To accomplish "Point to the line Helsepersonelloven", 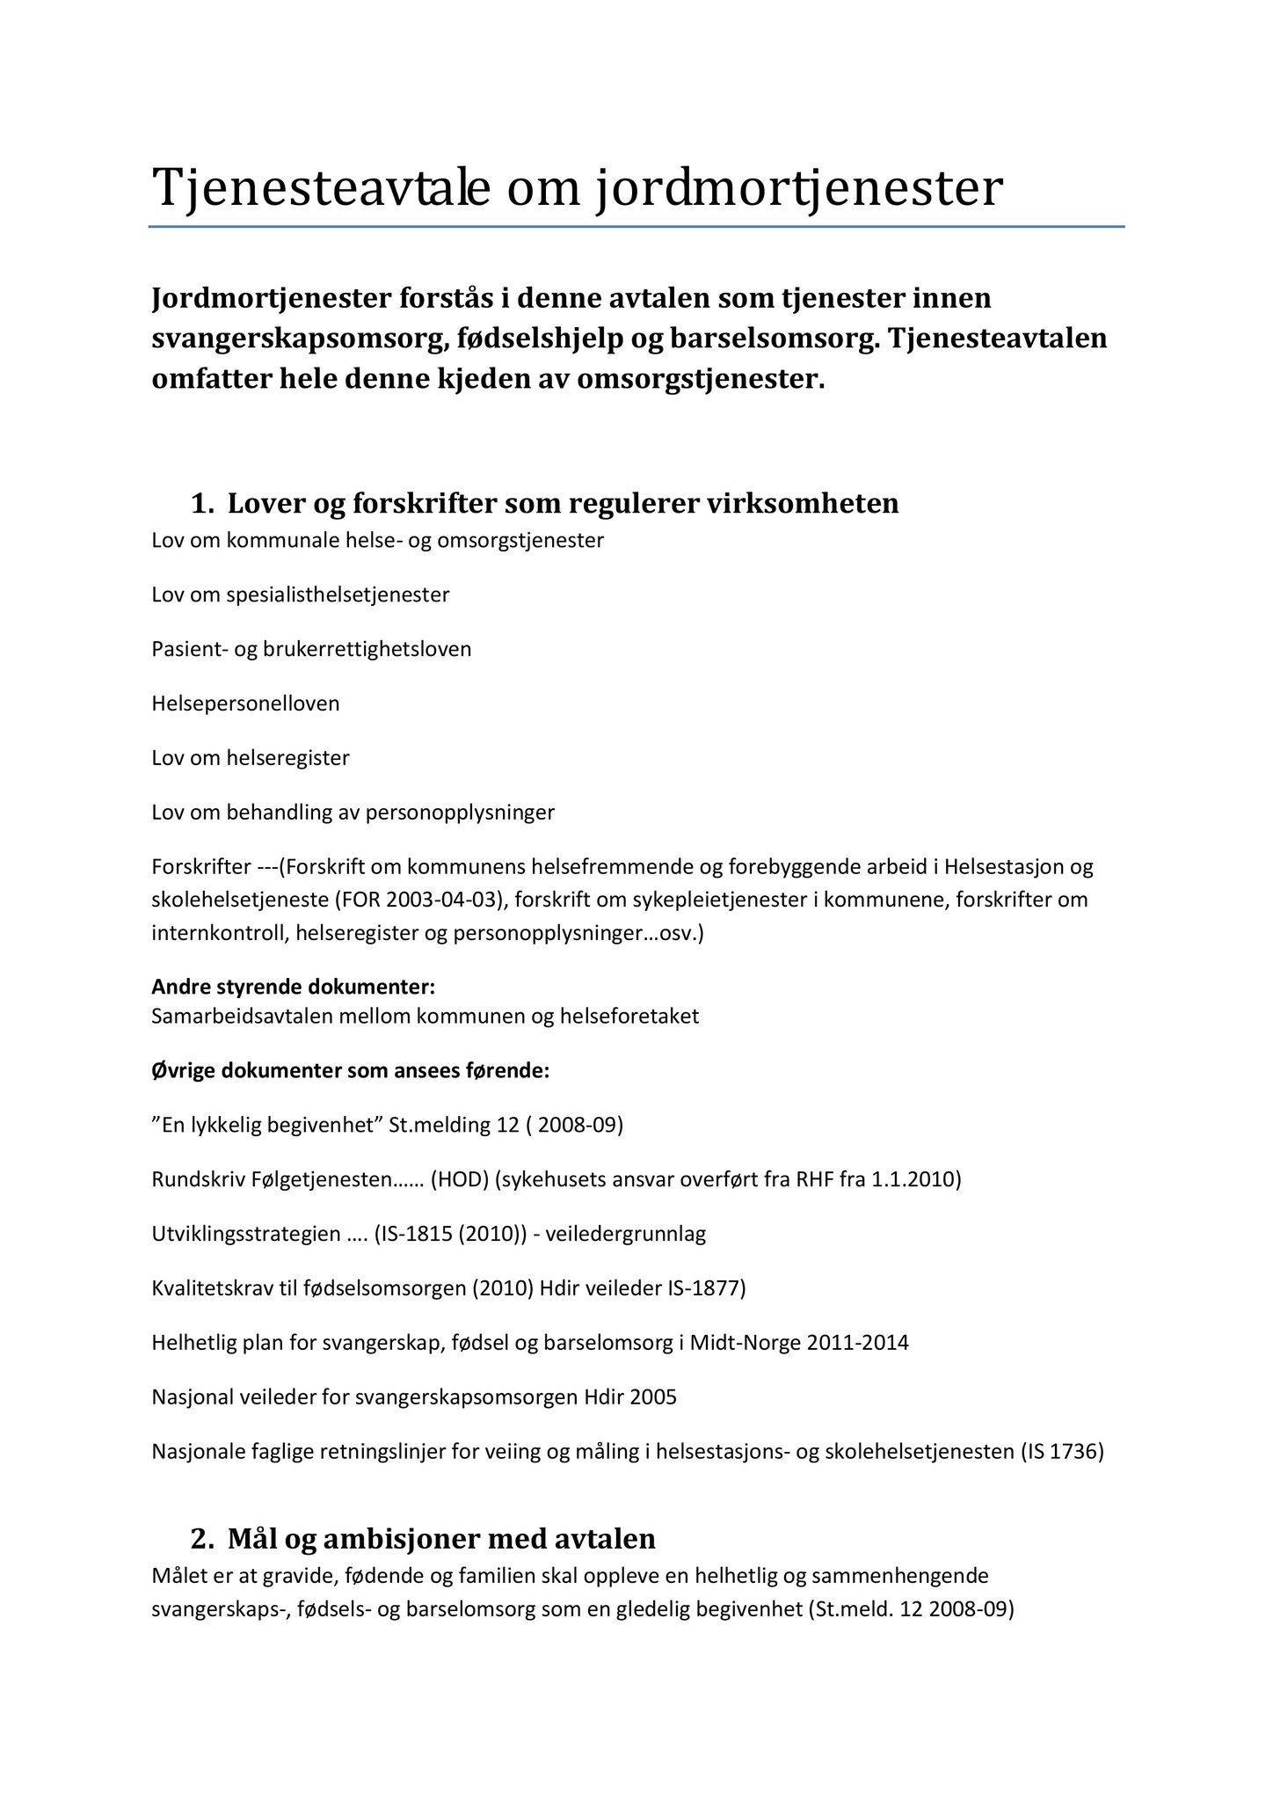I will tap(245, 704).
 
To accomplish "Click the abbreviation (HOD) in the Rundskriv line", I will tap(459, 1179).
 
